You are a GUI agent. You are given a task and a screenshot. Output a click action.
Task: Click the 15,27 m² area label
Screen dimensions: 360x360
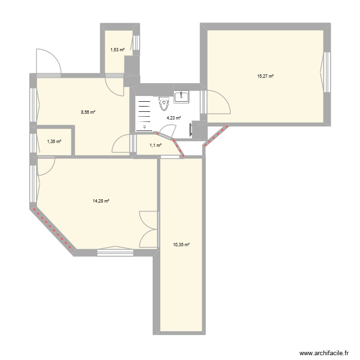coord(265,76)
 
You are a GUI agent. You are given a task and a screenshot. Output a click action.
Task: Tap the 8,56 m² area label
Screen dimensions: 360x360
coord(88,112)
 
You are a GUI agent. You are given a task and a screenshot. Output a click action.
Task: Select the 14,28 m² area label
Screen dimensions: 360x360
coord(101,201)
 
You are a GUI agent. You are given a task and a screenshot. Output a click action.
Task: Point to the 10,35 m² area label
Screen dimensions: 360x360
coord(181,244)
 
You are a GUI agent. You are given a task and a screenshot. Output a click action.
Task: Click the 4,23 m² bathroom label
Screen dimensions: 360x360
coord(174,118)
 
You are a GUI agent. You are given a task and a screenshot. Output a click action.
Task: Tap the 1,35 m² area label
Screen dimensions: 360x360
coord(54,141)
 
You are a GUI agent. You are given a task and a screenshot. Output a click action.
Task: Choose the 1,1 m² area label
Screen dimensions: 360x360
coord(155,145)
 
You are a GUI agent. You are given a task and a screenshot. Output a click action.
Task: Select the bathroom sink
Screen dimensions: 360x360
coord(181,96)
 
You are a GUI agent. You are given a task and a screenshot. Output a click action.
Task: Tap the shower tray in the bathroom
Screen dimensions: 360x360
coord(144,114)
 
